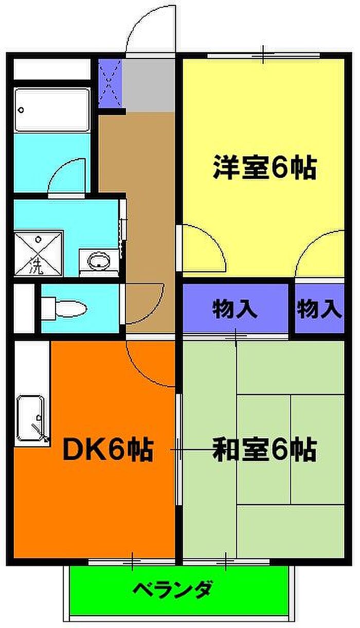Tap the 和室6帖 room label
tap(264, 450)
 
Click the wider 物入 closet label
tap(235, 309)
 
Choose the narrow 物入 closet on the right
tap(319, 309)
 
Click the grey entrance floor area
tap(149, 85)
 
